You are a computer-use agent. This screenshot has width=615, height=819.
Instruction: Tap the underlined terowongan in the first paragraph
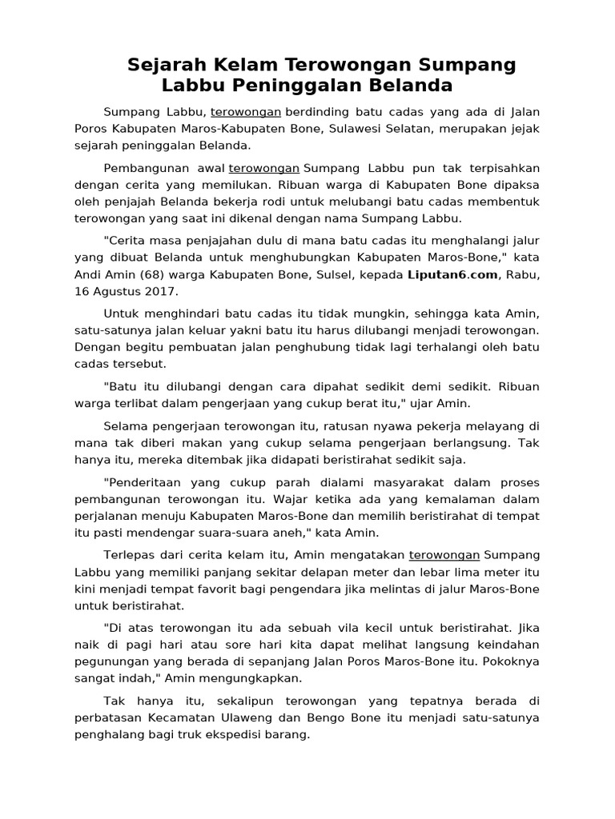(245, 112)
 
